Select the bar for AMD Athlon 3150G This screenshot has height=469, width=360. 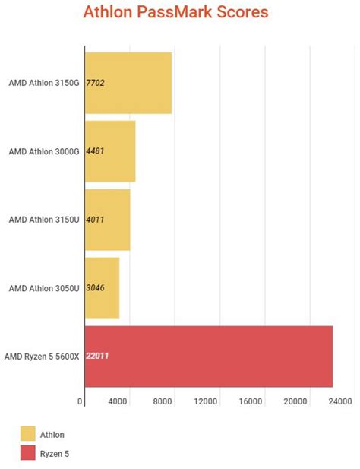tap(128, 82)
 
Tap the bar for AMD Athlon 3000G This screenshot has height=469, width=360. tap(109, 151)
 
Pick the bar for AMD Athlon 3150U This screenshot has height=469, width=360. tap(107, 220)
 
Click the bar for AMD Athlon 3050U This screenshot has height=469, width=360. tap(102, 288)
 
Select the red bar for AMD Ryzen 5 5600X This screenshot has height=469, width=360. tap(208, 356)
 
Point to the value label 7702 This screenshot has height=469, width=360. tap(95, 82)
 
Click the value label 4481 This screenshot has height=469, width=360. tap(95, 151)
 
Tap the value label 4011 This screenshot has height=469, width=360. tap(95, 220)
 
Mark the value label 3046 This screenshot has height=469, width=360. tap(95, 288)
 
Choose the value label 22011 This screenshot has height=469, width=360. tap(97, 356)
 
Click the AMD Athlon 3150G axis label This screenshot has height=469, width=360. tap(44, 82)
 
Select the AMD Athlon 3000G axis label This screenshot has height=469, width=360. tap(44, 151)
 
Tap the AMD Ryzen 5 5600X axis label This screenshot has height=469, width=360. tap(42, 356)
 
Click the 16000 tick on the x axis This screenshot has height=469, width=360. tap(250, 401)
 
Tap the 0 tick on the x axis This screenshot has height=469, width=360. tap(81, 401)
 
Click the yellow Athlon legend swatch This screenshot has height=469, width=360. tap(28, 434)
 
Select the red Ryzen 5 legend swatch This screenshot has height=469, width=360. tap(28, 454)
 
